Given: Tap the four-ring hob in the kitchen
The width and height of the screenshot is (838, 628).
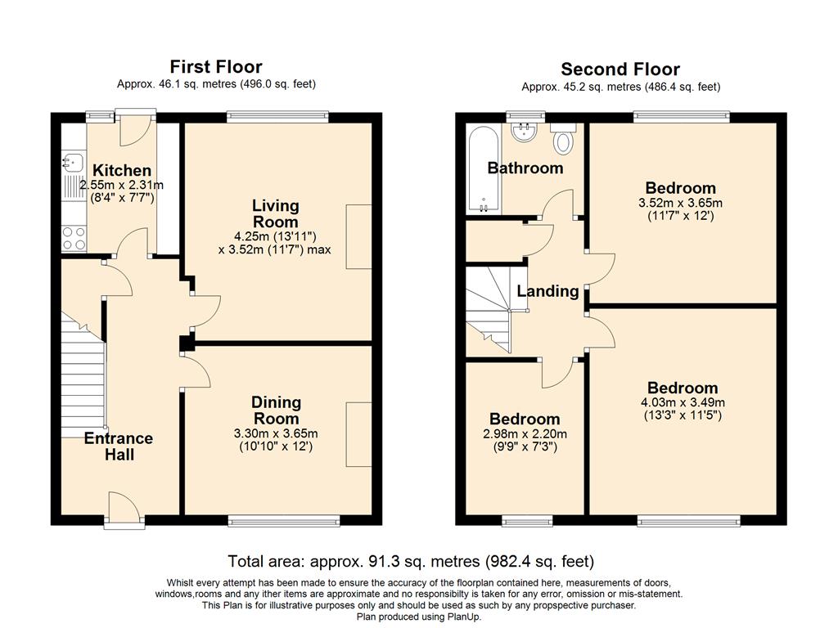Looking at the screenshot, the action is click(x=74, y=239).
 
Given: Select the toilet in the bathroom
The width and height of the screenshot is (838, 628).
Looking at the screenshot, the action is click(x=563, y=139).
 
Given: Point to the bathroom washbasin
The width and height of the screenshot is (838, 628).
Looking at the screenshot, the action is click(x=524, y=132).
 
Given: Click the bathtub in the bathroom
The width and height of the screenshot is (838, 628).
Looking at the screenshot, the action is click(x=484, y=168).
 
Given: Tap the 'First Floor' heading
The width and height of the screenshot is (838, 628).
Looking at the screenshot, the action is click(x=216, y=67).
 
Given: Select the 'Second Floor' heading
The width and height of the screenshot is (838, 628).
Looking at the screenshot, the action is click(x=620, y=70).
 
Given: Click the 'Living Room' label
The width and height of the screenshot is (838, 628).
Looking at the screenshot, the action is click(x=275, y=213).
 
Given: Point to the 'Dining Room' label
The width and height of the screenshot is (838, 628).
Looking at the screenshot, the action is click(x=277, y=410).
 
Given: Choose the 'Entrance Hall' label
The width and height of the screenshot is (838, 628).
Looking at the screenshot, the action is click(x=119, y=446).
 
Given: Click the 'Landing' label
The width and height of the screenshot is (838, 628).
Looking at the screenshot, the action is click(x=547, y=291).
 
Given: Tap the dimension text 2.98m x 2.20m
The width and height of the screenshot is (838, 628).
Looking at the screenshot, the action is click(x=525, y=434).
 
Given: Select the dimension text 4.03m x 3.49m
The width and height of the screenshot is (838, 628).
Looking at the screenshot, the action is click(x=683, y=402).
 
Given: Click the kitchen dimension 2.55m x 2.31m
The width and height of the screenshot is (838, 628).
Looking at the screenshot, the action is click(x=121, y=186).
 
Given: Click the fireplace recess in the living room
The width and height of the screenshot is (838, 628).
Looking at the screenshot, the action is click(x=358, y=236).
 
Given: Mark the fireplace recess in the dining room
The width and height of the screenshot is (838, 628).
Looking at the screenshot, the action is click(x=358, y=435).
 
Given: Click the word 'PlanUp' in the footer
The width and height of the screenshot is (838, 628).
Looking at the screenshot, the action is click(x=464, y=617).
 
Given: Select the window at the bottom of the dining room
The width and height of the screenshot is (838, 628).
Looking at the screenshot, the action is click(x=284, y=521).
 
